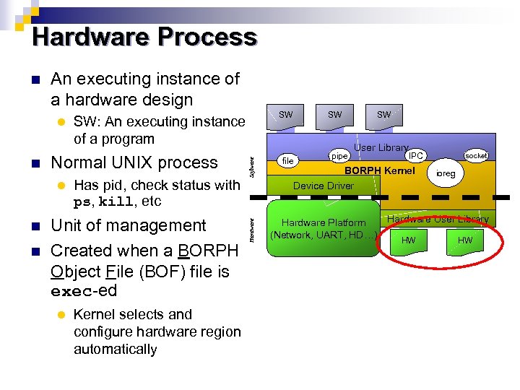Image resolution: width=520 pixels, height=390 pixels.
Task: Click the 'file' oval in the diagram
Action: tap(287, 160)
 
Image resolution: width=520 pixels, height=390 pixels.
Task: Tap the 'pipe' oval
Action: tap(339, 155)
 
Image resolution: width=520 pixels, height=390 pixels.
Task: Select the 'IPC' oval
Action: tap(415, 155)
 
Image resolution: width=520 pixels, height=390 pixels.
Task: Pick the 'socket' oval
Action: tap(477, 155)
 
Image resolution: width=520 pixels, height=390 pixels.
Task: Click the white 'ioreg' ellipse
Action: tap(446, 174)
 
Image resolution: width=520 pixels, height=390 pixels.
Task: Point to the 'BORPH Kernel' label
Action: tap(379, 171)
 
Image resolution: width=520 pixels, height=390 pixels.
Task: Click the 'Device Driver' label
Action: tap(323, 186)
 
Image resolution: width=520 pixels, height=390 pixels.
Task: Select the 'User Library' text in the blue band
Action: tap(381, 147)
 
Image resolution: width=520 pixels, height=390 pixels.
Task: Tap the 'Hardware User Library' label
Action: tap(438, 219)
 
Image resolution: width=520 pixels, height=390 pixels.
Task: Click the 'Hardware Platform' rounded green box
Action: tap(323, 228)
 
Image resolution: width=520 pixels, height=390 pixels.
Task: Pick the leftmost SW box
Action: tap(286, 116)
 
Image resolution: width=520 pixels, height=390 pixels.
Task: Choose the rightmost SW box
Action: tap(384, 116)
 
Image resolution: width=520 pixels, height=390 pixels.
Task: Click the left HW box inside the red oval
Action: tap(409, 241)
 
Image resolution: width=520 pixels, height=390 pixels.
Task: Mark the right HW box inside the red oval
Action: tap(464, 241)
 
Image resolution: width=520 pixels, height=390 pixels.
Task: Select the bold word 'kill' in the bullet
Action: tap(115, 201)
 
